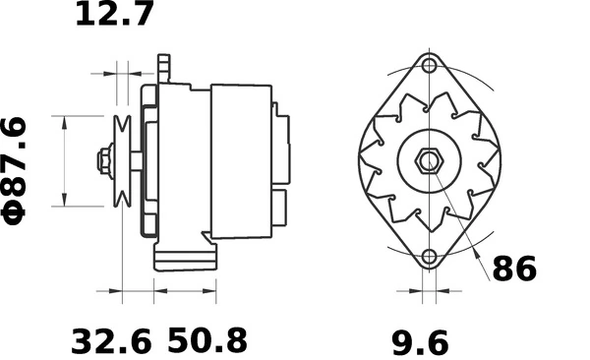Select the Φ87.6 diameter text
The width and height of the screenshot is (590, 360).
point(19,169)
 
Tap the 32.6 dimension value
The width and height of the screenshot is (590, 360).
point(112,341)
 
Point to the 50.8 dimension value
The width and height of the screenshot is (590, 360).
point(207,341)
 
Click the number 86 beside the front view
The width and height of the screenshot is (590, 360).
point(514,269)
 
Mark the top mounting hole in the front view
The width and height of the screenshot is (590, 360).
point(429,67)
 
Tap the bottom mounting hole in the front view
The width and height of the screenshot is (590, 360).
point(429,258)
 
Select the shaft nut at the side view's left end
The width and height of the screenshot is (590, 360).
point(103,160)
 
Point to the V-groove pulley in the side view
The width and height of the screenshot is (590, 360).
point(124,160)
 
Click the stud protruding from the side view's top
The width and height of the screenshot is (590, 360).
point(165,69)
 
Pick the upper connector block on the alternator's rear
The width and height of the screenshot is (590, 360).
point(283,148)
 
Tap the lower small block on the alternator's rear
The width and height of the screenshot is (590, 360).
point(279,208)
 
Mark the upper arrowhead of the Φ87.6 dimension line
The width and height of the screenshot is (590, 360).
point(65,121)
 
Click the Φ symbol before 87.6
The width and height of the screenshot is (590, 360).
point(19,210)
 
